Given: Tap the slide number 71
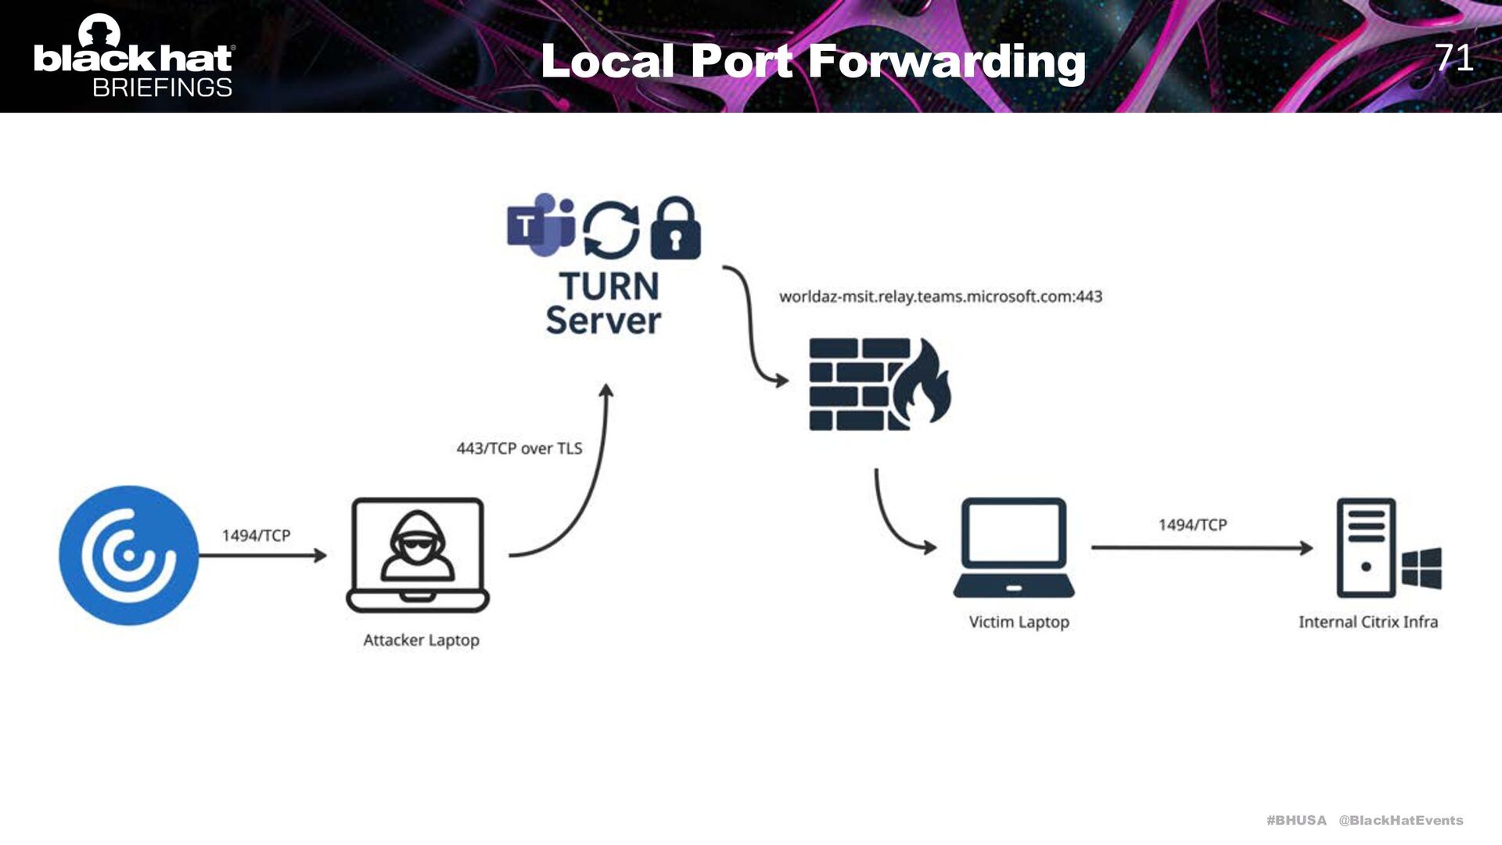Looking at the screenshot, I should pos(1453,58).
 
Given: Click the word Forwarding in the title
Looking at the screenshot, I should pos(947,61).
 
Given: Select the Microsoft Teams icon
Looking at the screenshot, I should pos(541,225).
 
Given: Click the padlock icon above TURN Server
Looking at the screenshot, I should pos(676,228).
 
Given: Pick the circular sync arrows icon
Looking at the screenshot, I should pos(611,229).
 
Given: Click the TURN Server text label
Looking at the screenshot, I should pos(604,304).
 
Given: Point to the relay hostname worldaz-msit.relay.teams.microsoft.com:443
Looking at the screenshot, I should pos(940,297).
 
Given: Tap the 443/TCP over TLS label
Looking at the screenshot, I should pos(519,448).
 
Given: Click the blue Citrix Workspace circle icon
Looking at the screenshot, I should pos(129,556).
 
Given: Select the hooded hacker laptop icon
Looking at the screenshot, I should pos(418,555).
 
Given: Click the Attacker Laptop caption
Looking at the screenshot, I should pos(421,640).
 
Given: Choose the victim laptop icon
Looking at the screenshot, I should pos(1014,548).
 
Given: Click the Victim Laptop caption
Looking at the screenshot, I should pos(1019,622).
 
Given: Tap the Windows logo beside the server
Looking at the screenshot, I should pos(1421,568).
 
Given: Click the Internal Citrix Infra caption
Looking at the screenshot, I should pos(1368,622).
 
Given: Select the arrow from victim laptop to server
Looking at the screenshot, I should pos(1202,548).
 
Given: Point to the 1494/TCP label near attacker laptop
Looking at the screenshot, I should pos(256,535).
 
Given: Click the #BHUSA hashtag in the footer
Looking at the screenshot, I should pos(1296,820).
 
